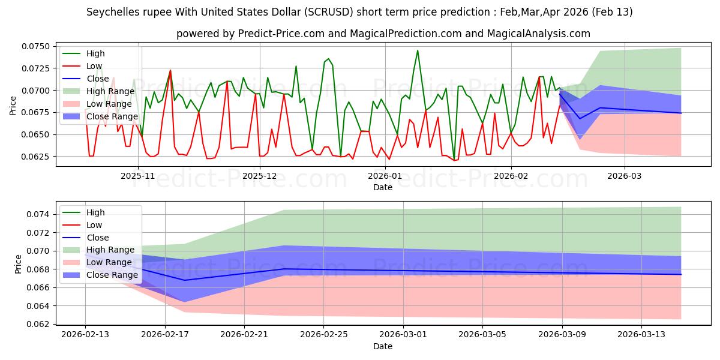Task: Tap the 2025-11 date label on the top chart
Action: [x=138, y=176]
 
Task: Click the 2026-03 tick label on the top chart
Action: [x=625, y=176]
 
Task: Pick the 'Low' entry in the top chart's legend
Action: [x=94, y=66]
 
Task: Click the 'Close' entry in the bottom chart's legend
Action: [x=98, y=238]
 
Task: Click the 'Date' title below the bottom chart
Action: [x=383, y=346]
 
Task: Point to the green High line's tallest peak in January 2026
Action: [x=418, y=50]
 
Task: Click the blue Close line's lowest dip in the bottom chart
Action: [x=184, y=280]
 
